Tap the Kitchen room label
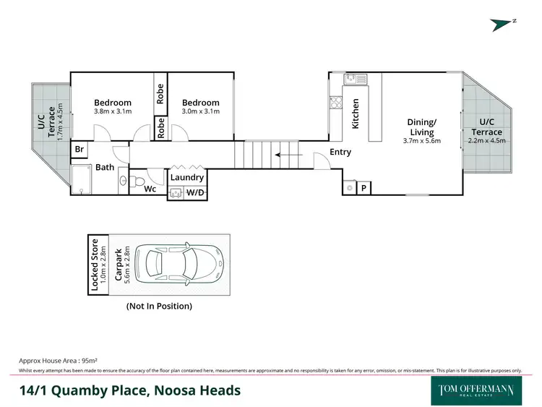click(x=356, y=113)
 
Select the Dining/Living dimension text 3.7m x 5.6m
click(x=422, y=142)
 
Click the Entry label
click(x=340, y=152)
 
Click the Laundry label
click(x=187, y=177)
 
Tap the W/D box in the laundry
click(x=195, y=192)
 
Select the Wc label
click(x=150, y=189)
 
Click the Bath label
click(x=106, y=168)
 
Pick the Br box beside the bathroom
click(x=79, y=150)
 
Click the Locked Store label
click(x=95, y=264)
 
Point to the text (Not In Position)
click(x=159, y=306)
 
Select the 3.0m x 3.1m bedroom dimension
click(x=200, y=111)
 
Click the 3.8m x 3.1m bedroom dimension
click(x=113, y=111)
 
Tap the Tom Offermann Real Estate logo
click(x=477, y=391)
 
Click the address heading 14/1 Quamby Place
click(x=130, y=391)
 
